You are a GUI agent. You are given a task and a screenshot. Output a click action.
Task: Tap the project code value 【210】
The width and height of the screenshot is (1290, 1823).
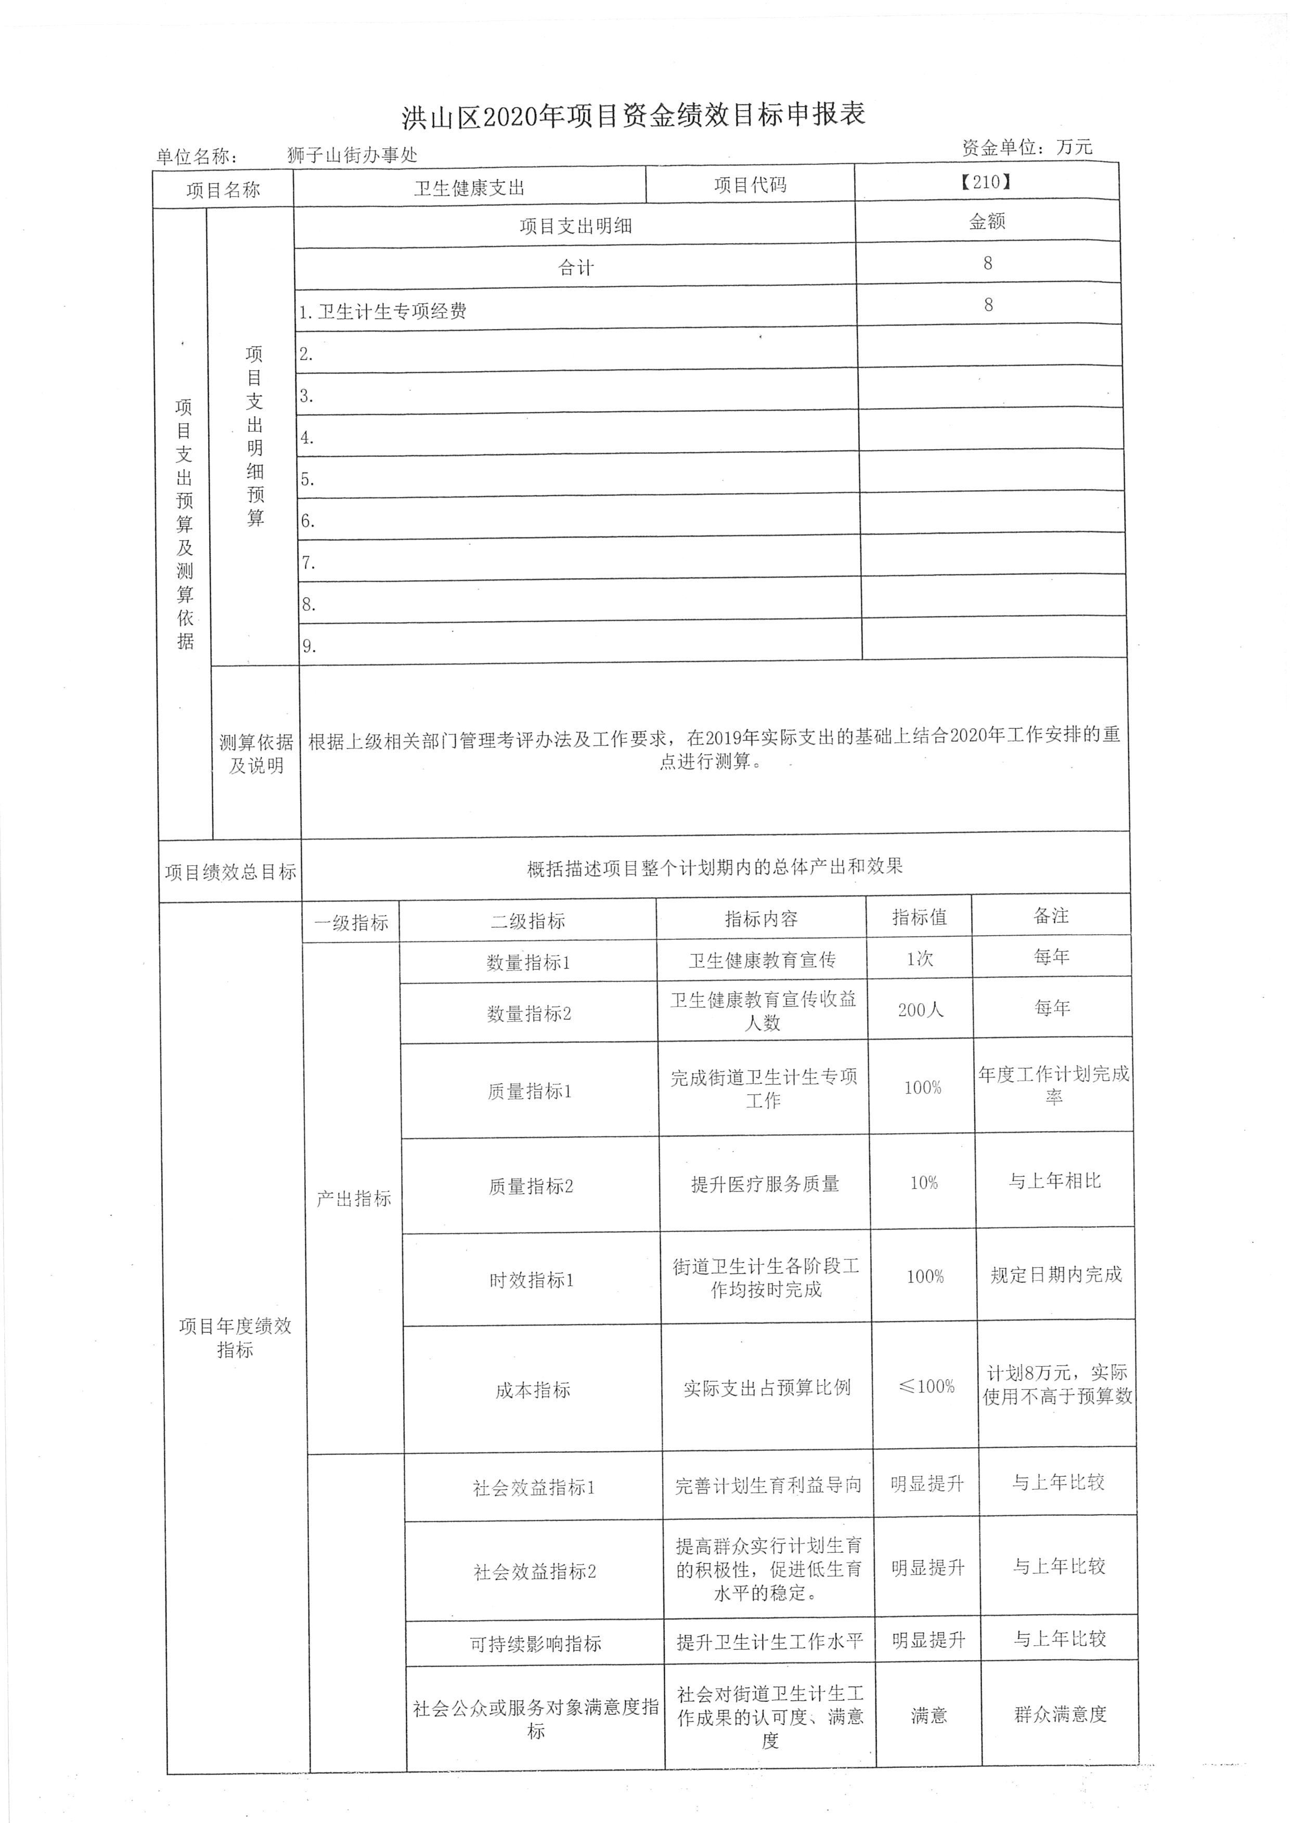coord(985,182)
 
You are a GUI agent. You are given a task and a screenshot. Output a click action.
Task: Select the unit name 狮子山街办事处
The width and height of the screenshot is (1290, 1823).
coord(352,155)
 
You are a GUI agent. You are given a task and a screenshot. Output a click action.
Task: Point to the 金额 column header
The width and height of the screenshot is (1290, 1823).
coord(987,221)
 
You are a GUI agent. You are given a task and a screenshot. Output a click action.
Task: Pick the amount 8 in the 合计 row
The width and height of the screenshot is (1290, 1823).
coord(987,264)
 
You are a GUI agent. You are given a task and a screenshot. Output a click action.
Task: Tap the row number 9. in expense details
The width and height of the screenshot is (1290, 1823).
coord(308,646)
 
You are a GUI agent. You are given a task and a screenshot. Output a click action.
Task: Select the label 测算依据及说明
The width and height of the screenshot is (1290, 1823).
coord(256,754)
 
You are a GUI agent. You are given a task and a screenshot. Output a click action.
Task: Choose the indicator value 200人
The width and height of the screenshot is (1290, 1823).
coord(921,1010)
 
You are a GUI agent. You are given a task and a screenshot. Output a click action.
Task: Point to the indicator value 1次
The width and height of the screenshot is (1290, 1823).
coord(920,959)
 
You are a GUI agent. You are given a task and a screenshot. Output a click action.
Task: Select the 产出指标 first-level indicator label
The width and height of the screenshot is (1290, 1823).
coord(354,1199)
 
